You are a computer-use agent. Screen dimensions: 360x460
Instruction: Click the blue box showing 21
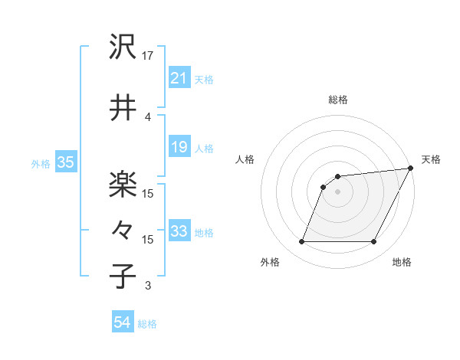(179, 79)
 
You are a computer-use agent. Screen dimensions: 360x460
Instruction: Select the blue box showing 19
(179, 148)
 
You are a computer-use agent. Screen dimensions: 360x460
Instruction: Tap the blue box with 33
(179, 232)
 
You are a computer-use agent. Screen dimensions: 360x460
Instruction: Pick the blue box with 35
(65, 162)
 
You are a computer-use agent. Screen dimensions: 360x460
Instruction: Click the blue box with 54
(122, 323)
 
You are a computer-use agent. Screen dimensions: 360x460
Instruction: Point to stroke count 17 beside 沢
(148, 55)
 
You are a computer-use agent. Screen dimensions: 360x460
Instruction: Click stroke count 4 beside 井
(148, 116)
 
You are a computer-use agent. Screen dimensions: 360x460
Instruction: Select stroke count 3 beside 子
(148, 286)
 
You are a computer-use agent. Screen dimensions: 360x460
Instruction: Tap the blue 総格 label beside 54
(148, 324)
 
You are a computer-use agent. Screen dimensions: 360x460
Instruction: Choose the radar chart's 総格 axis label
(337, 100)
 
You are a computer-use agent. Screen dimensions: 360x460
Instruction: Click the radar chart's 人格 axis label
(245, 159)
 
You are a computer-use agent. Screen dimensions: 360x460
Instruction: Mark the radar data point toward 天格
(411, 169)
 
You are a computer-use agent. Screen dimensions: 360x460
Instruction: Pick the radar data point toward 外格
(301, 242)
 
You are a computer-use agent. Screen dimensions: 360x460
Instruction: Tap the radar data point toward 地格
(373, 242)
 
